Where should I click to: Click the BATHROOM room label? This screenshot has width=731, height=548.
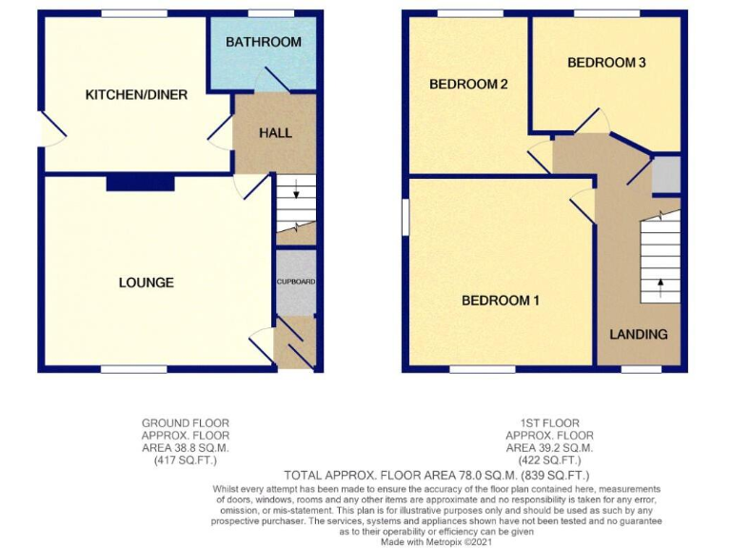tap(263, 42)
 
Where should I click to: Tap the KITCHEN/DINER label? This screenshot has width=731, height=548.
tap(136, 95)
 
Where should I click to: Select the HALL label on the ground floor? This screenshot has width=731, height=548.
tap(275, 133)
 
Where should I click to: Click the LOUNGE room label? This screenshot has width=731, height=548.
tap(146, 283)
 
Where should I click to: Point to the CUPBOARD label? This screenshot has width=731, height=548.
tap(295, 283)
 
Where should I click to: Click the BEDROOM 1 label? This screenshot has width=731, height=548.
tap(500, 301)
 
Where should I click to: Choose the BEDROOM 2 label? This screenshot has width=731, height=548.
tap(467, 84)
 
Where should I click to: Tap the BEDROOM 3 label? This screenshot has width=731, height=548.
tap(606, 63)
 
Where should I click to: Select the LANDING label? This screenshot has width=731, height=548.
tap(638, 334)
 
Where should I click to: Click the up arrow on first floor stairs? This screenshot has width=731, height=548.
tap(660, 283)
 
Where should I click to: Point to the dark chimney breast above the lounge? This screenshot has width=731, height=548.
tap(140, 183)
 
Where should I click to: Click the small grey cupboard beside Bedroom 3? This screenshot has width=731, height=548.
tap(666, 176)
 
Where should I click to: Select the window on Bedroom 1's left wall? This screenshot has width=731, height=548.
tap(405, 216)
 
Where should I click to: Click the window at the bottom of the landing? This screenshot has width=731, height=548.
tap(641, 368)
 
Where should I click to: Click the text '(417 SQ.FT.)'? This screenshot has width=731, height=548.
tap(185, 460)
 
